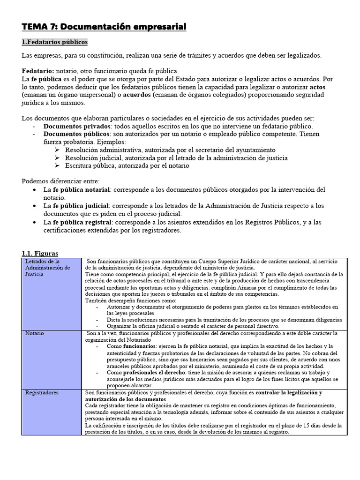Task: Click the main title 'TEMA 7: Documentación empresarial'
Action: coord(104,27)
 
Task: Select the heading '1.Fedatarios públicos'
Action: coord(54,42)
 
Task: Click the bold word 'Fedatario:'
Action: coord(37,70)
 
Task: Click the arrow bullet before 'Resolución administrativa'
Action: coord(57,150)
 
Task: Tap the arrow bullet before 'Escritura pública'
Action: coord(57,165)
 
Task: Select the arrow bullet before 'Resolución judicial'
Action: coord(57,158)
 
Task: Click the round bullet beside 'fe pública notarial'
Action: coord(36,190)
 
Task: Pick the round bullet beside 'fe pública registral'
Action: coord(36,222)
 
